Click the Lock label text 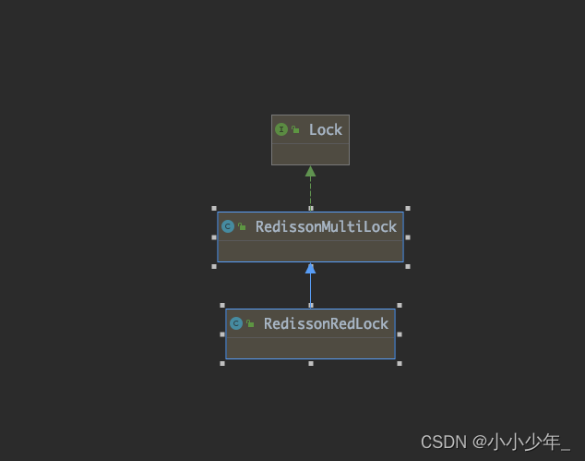coord(326,130)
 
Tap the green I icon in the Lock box coord(281,129)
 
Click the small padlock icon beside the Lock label coord(295,130)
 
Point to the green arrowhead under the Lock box coord(310,171)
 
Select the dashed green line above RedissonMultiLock coord(310,193)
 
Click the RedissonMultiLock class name coord(326,226)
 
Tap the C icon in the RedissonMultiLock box coord(228,226)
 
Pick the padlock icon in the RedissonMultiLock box coord(242,226)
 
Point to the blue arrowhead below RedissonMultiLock coord(310,269)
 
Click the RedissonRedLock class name coord(327,323)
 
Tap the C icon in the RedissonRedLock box coord(236,323)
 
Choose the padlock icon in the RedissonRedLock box coord(250,323)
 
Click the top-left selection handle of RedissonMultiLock coord(214,209)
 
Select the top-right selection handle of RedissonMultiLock coord(407,209)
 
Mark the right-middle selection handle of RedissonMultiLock coord(407,237)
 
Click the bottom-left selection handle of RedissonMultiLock coord(214,266)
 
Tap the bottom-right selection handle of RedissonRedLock coord(399,363)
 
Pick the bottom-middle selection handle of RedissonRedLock coord(311,363)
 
